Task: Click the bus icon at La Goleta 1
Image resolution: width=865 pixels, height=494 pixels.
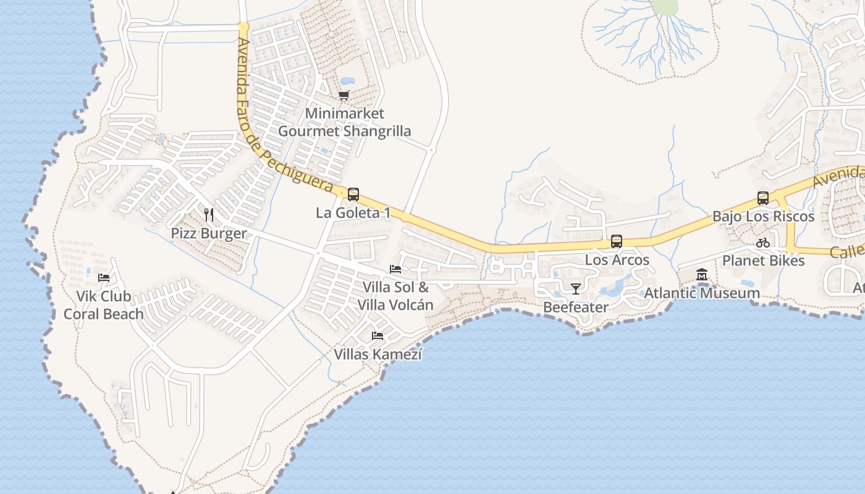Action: (353, 195)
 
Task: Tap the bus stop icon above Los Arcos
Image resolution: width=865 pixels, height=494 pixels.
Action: (616, 241)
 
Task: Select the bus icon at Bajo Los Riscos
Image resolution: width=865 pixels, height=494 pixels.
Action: (763, 198)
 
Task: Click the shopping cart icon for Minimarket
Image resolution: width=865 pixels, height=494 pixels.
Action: (344, 95)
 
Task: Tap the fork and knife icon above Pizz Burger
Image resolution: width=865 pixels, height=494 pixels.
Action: (209, 215)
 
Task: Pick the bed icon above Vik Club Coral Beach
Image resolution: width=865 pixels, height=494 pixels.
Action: (104, 277)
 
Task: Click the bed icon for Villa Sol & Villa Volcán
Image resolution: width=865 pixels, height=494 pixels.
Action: (395, 269)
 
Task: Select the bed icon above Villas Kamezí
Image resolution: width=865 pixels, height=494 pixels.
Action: (378, 336)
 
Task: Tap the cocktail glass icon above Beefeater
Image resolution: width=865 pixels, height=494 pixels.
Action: (576, 288)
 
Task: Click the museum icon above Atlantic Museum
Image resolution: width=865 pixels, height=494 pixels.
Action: (702, 274)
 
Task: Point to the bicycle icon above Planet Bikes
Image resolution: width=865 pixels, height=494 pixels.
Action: (763, 243)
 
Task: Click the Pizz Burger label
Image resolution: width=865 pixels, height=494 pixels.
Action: (209, 233)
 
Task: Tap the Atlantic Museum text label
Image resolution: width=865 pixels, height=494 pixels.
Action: (702, 293)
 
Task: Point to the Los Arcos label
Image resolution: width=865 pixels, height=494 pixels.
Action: (617, 260)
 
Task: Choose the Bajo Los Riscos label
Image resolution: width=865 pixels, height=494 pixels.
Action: (763, 217)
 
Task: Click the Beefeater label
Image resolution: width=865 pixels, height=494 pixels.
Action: (576, 307)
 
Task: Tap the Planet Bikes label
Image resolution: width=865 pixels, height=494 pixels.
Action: (763, 261)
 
